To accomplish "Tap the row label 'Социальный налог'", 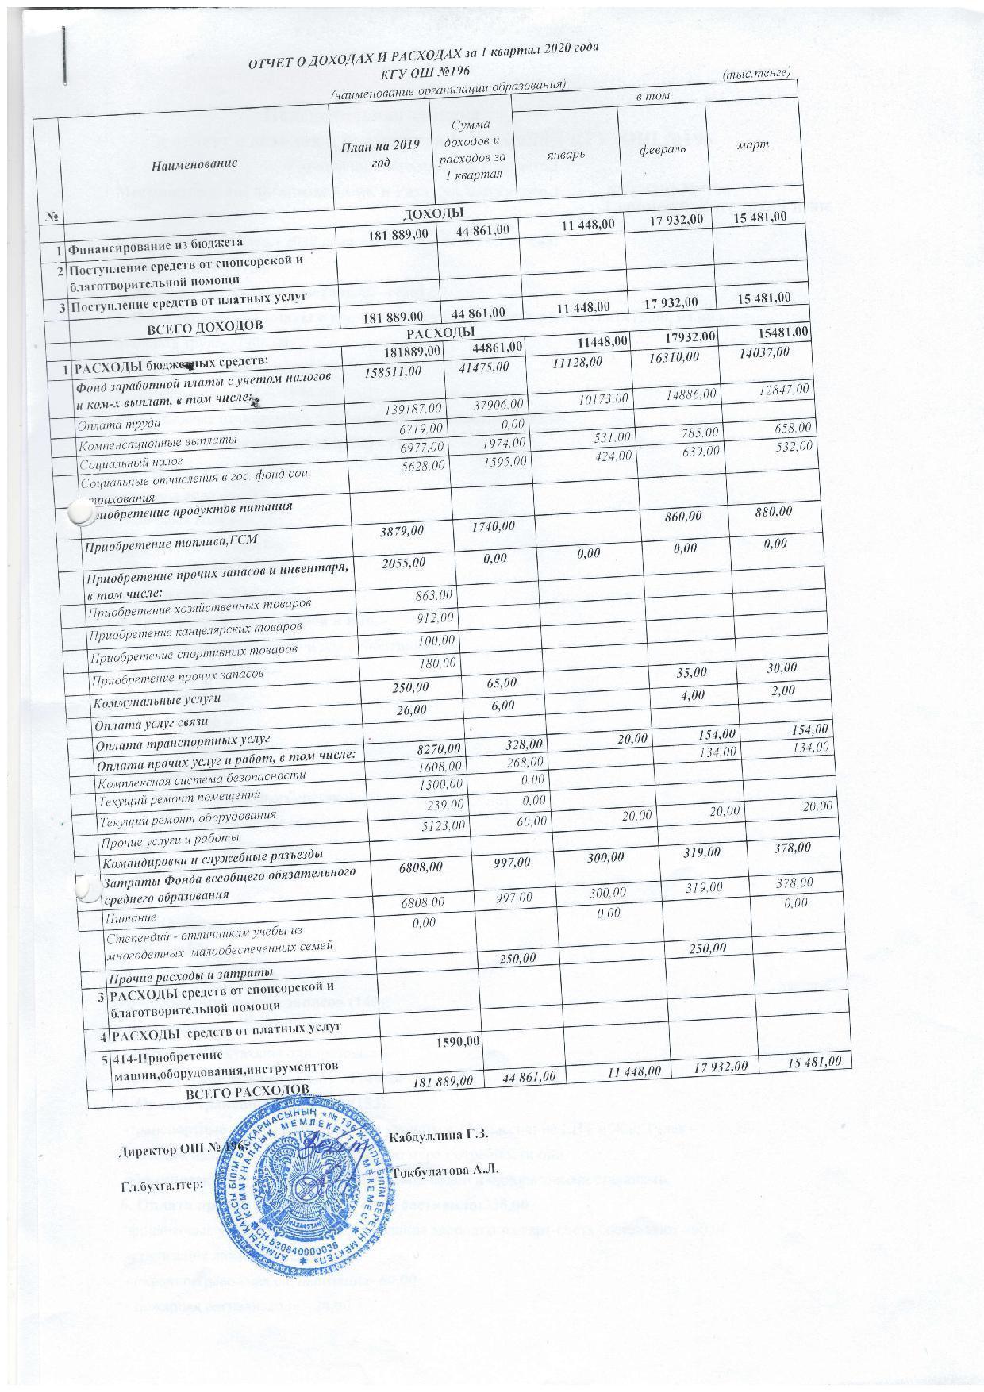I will (131, 462).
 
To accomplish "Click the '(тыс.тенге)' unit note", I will (756, 73).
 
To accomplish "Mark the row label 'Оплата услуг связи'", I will (152, 723).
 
